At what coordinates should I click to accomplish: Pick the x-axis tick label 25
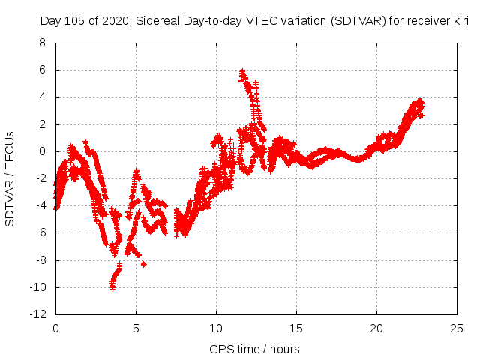pos(456,328)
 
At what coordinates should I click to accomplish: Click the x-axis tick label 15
pos(295,328)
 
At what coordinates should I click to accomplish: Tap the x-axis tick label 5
pos(136,328)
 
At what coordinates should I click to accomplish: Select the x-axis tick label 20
pos(376,328)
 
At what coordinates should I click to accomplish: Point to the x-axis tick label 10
pos(215,328)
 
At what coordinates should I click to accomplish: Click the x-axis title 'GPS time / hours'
pos(255,349)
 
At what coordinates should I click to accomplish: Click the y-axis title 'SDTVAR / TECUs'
pos(10,179)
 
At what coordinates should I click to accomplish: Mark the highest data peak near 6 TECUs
pos(242,71)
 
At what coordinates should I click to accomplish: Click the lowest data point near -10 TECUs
pos(112,287)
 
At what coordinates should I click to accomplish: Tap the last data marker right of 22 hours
pos(421,115)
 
